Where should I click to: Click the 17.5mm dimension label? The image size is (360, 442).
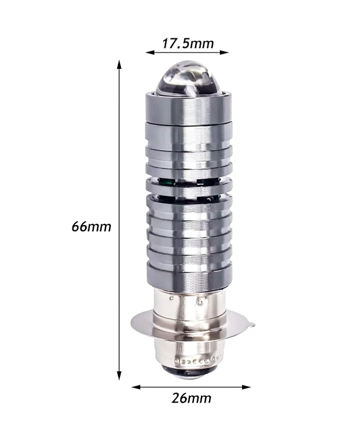coord(188,44)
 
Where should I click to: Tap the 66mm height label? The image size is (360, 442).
coord(91,227)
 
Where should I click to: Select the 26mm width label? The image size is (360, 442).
coord(191,398)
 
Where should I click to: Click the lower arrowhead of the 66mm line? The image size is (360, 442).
coord(119,375)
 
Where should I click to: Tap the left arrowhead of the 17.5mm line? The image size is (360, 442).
coord(150,52)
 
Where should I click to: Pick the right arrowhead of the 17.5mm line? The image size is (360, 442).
coord(223,52)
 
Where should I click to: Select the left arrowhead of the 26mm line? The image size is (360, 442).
coord(136,387)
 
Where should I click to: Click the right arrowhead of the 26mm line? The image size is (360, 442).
coord(246,387)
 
